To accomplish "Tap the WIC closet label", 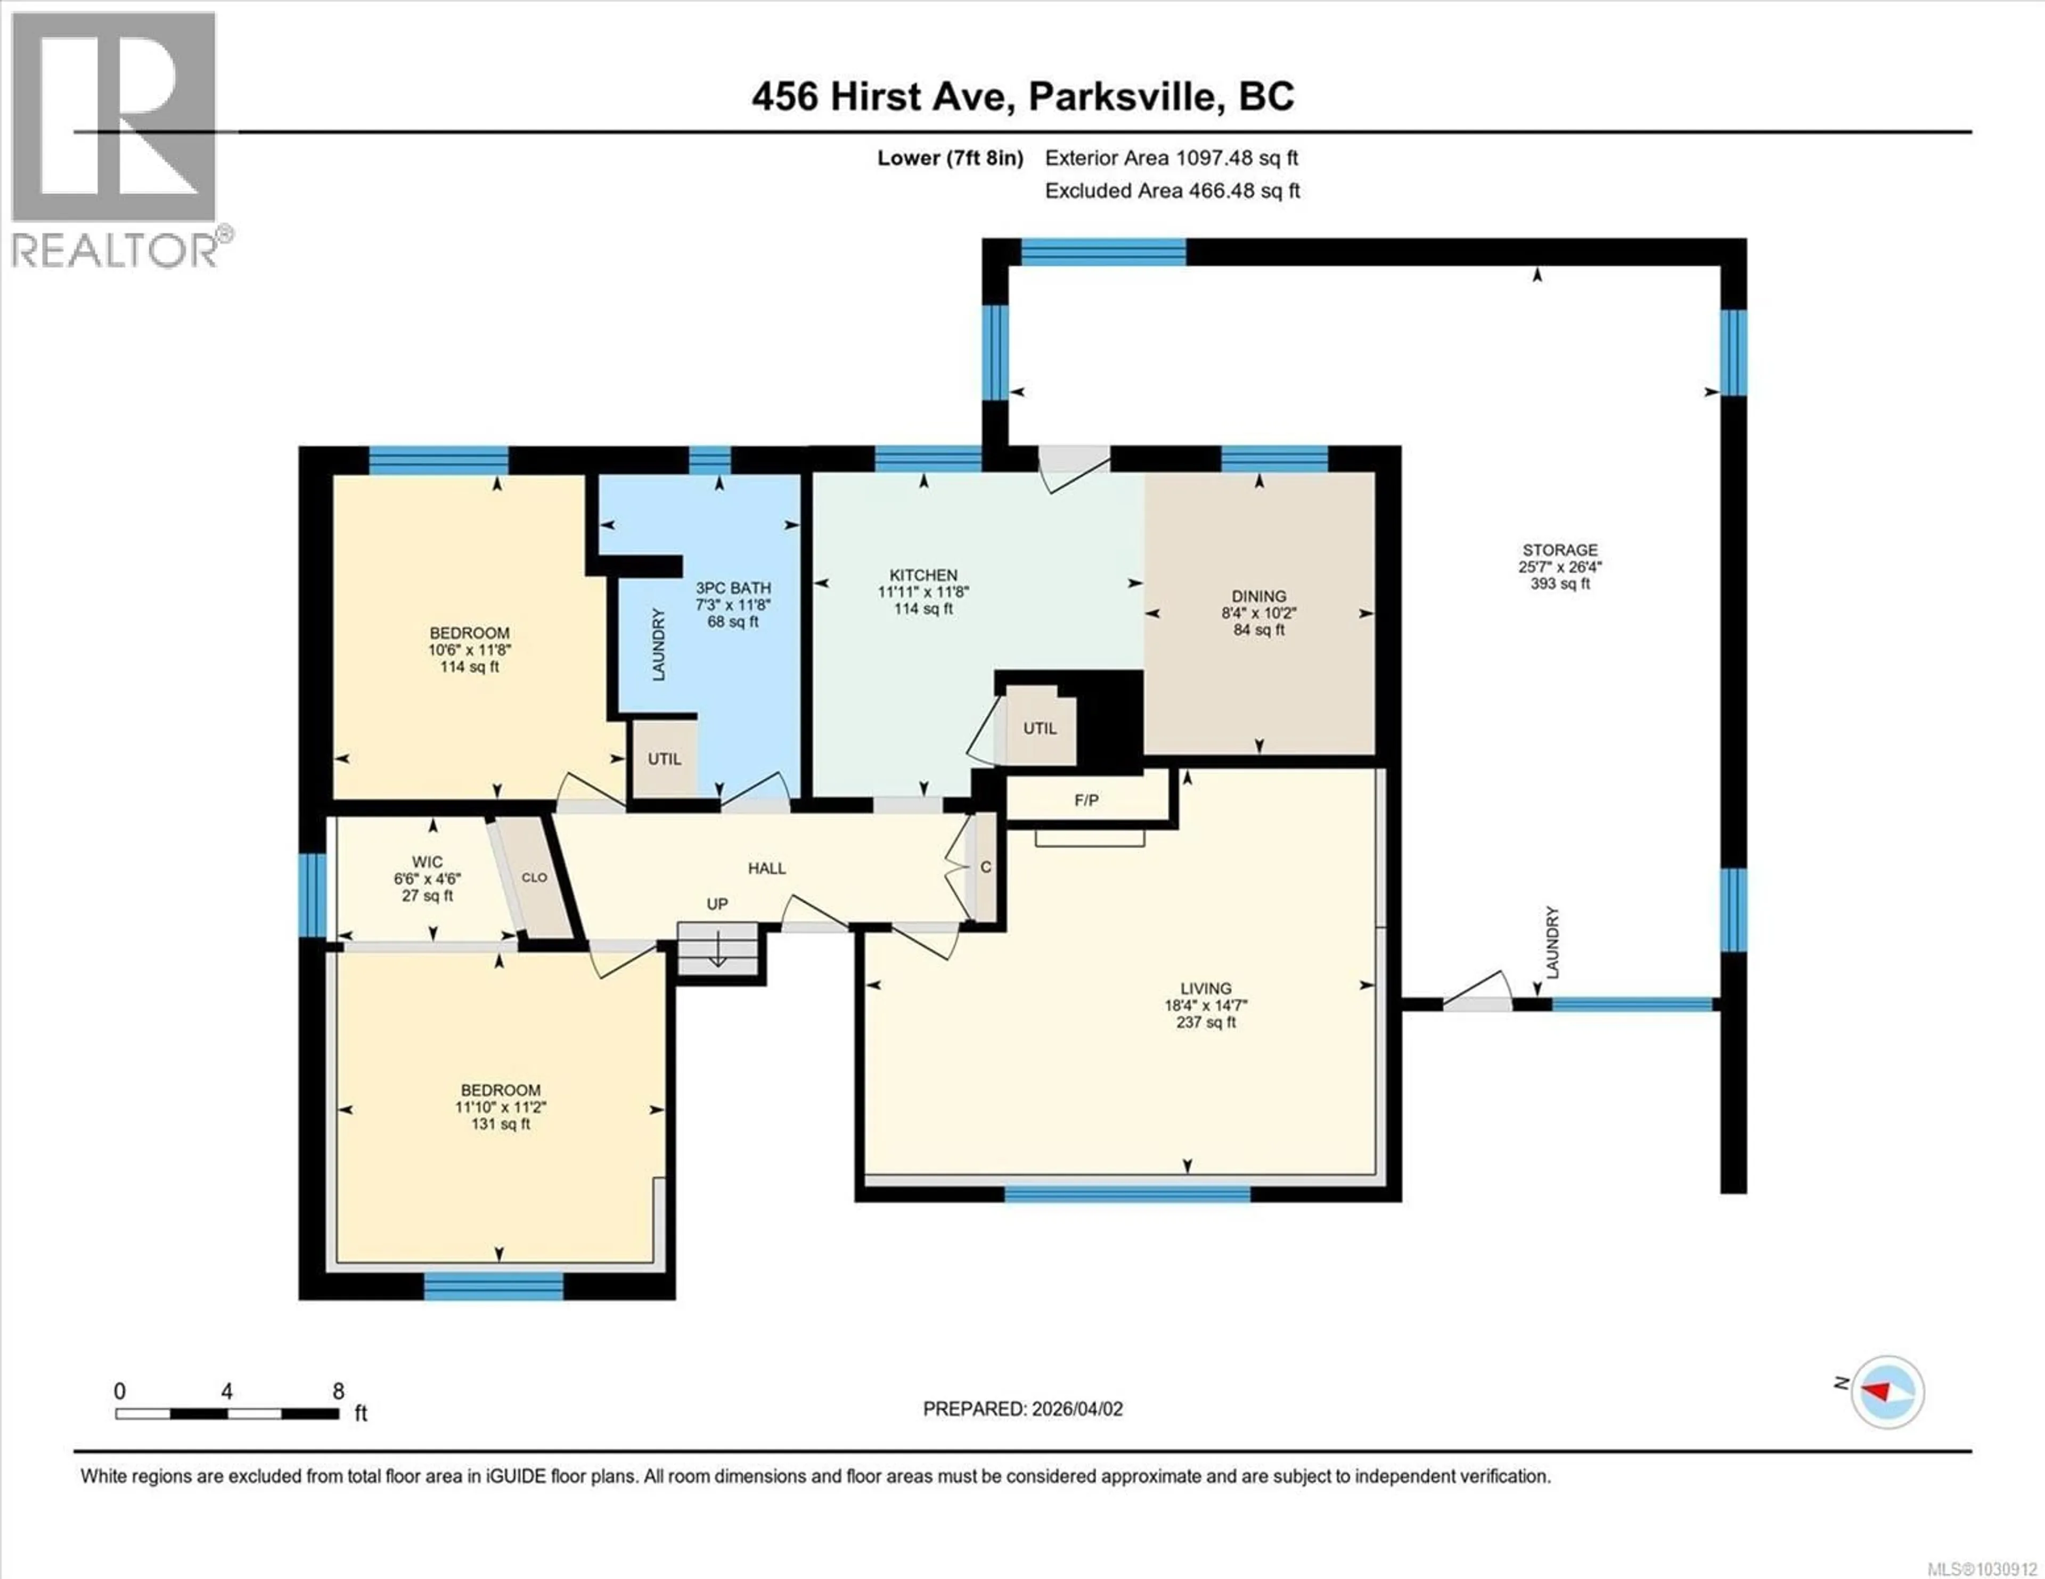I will (427, 862).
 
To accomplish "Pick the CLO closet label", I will (534, 877).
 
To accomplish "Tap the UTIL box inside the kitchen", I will (1040, 728).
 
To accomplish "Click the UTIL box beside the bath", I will (664, 759).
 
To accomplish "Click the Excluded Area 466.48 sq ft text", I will (1172, 191).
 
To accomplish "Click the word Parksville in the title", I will (1125, 96).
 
